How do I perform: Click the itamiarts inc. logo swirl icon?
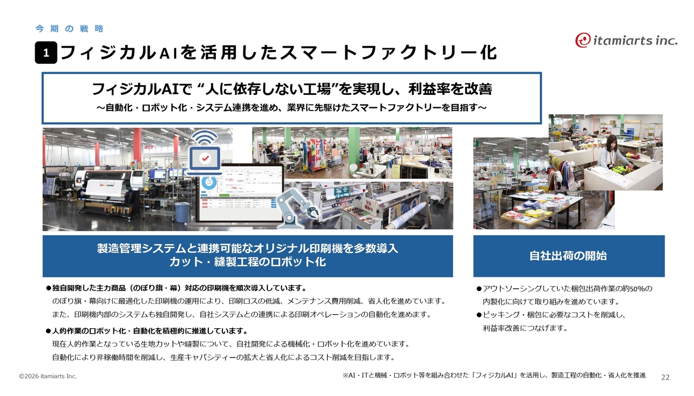click(583, 40)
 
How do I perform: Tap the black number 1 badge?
click(46, 53)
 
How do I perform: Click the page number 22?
click(665, 377)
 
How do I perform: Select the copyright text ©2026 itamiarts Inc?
click(48, 376)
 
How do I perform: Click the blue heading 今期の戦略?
click(69, 29)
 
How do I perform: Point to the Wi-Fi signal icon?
click(204, 137)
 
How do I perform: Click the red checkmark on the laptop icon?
click(205, 158)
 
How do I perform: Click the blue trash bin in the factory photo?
click(182, 212)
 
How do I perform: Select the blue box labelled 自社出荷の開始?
click(569, 256)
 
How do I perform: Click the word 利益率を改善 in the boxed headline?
click(450, 89)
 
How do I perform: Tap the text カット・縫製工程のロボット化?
click(248, 262)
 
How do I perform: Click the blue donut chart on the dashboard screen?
click(209, 183)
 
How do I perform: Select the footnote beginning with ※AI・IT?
click(494, 375)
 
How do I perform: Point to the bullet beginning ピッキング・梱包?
click(551, 315)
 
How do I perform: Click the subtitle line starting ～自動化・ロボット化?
click(292, 108)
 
